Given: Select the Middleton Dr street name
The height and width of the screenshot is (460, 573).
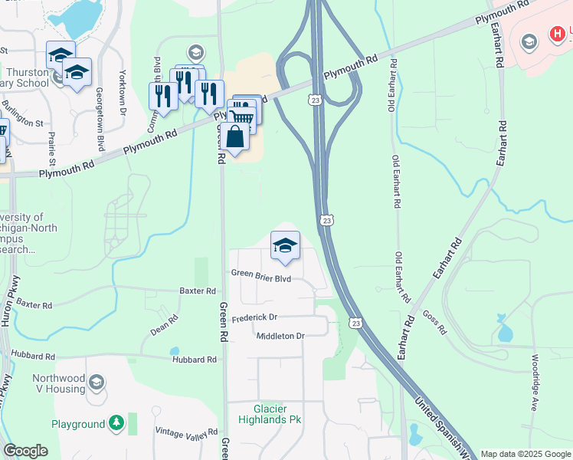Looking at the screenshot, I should (x=280, y=336).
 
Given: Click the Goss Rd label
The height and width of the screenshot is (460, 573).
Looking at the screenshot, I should (x=434, y=324).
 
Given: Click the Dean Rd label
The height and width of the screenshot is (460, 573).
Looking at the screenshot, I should (x=165, y=325).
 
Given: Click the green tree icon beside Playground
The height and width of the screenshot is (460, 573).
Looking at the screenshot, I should (x=116, y=422).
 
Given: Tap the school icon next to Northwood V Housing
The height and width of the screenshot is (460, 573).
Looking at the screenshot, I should (x=97, y=382).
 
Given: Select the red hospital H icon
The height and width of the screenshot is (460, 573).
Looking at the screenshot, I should (x=557, y=34).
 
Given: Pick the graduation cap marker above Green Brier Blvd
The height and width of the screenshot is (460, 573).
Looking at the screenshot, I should (x=285, y=245).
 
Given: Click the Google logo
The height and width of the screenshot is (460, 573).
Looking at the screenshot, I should (x=25, y=451).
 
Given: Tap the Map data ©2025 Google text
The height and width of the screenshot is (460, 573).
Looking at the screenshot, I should (x=526, y=454).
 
